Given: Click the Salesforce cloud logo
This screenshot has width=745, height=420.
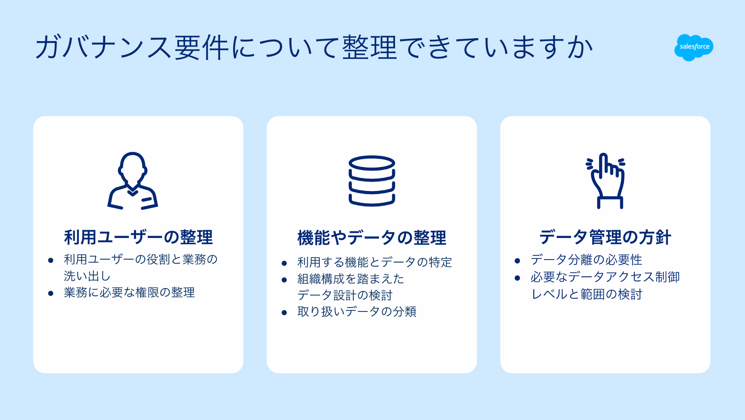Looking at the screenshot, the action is click(x=694, y=47).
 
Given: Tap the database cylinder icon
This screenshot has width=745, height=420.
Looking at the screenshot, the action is click(x=372, y=181).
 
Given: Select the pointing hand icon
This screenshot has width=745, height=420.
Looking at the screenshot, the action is click(x=605, y=181).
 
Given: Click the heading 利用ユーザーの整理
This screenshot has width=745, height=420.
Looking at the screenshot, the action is click(x=138, y=237).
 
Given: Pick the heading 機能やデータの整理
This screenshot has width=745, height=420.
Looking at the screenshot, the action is click(x=372, y=238).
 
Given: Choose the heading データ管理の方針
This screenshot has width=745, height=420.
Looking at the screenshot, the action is click(x=605, y=237).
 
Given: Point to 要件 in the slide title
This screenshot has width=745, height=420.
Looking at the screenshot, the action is click(x=202, y=47).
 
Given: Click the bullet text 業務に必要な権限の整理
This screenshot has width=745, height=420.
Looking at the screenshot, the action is click(x=129, y=292).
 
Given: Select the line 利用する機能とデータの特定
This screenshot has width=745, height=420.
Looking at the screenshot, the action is click(x=374, y=262).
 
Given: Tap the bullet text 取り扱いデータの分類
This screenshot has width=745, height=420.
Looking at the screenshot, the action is click(x=356, y=312).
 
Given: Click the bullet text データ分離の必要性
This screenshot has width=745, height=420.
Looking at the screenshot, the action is click(x=586, y=260).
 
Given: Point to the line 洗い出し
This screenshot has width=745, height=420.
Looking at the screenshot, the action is click(x=87, y=276).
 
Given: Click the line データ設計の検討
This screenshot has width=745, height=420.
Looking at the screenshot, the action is click(x=344, y=295).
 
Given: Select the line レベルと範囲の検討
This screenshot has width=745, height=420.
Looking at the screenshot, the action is click(x=586, y=294).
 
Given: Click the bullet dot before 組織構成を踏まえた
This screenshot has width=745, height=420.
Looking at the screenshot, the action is click(x=284, y=280).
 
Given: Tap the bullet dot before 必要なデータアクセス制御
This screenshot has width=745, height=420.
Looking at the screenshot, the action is click(x=517, y=278).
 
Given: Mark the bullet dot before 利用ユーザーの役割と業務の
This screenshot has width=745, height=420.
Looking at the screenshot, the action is click(x=51, y=260).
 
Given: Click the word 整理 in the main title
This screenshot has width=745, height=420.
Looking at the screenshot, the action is click(x=369, y=47).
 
